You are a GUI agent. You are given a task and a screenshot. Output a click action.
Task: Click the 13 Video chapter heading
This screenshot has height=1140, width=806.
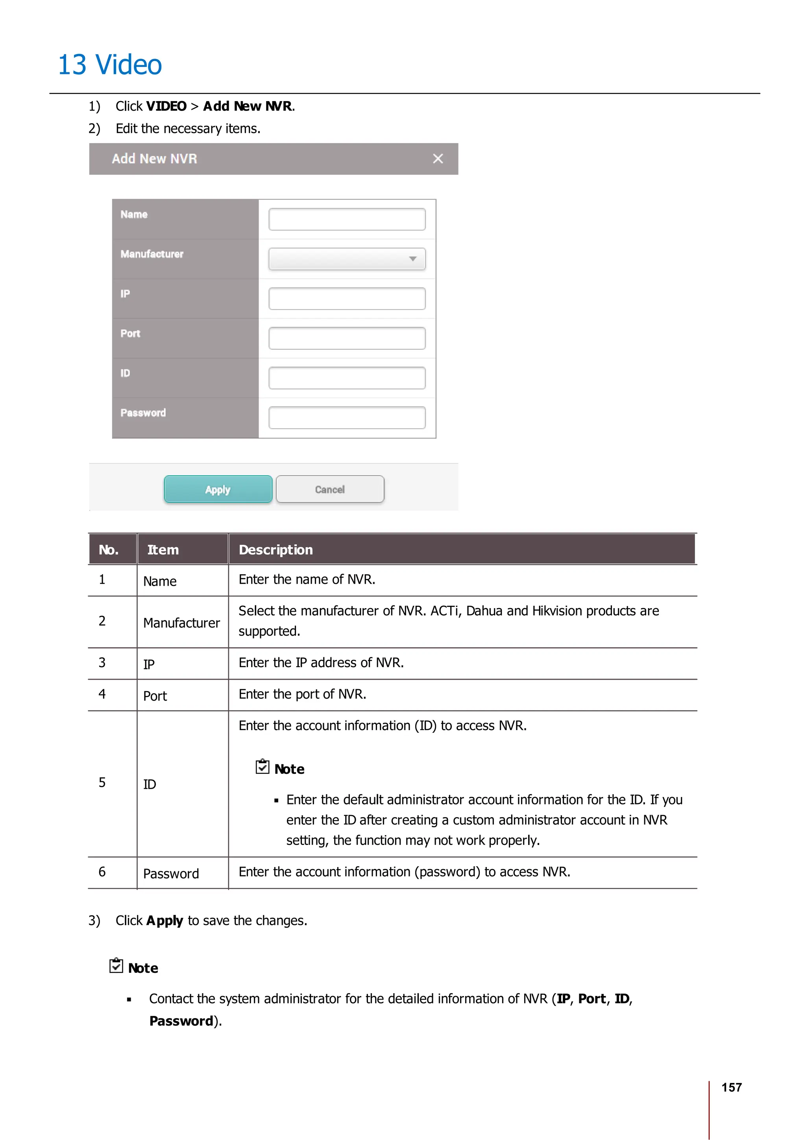pyautogui.click(x=110, y=65)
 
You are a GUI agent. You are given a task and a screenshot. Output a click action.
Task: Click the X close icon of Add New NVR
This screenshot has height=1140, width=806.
pyautogui.click(x=438, y=159)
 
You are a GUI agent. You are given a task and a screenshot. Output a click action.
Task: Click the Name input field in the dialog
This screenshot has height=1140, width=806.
pyautogui.click(x=347, y=220)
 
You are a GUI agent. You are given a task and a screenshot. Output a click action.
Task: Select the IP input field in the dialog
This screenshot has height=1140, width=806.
pyautogui.click(x=347, y=299)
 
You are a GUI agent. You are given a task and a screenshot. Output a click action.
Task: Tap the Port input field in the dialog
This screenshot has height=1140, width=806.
pyautogui.click(x=347, y=339)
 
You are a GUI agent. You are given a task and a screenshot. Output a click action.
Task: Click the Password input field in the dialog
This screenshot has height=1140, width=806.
pyautogui.click(x=347, y=418)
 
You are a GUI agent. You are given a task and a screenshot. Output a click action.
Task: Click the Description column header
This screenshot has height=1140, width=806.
pyautogui.click(x=275, y=550)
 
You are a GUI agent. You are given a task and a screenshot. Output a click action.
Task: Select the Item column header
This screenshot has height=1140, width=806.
pyautogui.click(x=163, y=550)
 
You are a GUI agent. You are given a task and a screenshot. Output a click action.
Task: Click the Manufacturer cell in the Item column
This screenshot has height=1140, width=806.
pyautogui.click(x=181, y=623)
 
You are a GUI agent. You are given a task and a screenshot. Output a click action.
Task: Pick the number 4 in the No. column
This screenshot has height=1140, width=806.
pyautogui.click(x=102, y=694)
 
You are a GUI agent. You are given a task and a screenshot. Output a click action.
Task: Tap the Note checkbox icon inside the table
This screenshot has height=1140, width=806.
pyautogui.click(x=262, y=767)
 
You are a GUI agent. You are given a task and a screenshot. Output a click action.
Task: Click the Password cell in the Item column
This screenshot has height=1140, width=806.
pyautogui.click(x=171, y=874)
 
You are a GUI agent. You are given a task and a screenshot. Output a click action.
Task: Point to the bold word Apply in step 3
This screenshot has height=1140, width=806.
pyautogui.click(x=165, y=920)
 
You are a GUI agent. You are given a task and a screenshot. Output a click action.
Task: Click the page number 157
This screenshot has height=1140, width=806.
pyautogui.click(x=731, y=1087)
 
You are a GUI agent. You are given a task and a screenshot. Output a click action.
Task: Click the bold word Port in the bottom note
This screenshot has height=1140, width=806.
pyautogui.click(x=592, y=998)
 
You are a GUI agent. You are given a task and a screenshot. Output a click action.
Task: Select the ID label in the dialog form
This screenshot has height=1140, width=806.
pyautogui.click(x=125, y=373)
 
